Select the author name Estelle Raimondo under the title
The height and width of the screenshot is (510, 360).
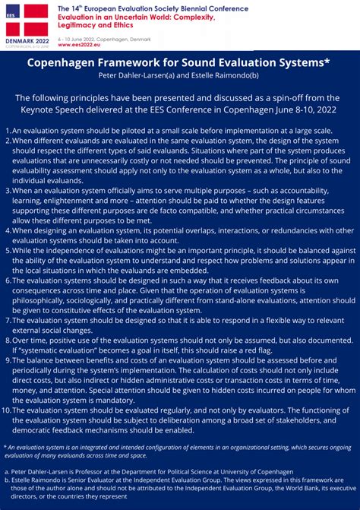[227, 77]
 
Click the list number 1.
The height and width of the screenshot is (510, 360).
[6, 131]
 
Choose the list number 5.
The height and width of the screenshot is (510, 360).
[6, 251]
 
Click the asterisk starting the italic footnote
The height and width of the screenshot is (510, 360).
[5, 446]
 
